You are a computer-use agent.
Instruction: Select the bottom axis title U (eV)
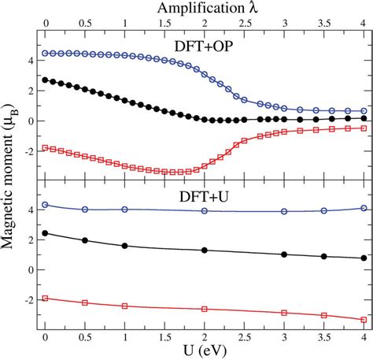[x=203, y=351]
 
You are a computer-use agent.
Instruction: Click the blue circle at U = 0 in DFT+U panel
[x=46, y=205]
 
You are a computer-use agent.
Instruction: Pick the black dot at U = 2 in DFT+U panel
[x=205, y=251]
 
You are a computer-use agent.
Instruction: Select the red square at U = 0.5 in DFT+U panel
[x=85, y=302]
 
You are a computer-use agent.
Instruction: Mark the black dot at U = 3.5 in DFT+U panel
[x=323, y=256]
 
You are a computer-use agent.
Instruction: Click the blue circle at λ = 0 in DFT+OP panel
[x=46, y=54]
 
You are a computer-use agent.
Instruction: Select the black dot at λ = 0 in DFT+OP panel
[x=46, y=80]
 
